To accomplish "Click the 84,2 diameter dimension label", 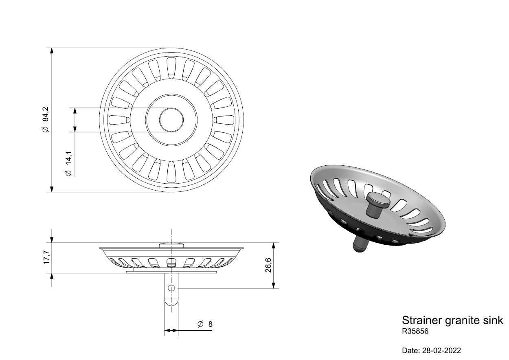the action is [46, 120].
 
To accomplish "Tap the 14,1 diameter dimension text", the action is [68, 163].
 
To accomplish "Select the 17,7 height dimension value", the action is [46, 257].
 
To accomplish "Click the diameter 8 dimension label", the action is [205, 324].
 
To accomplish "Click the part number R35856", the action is [415, 331].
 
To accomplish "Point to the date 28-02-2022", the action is [441, 351].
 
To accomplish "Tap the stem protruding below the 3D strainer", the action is [360, 244].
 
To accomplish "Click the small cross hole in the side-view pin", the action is [171, 288].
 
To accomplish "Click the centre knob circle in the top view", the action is [171, 120].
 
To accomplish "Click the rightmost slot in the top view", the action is [223, 120].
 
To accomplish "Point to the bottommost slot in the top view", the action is [171, 172].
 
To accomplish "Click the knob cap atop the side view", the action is [171, 245].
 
